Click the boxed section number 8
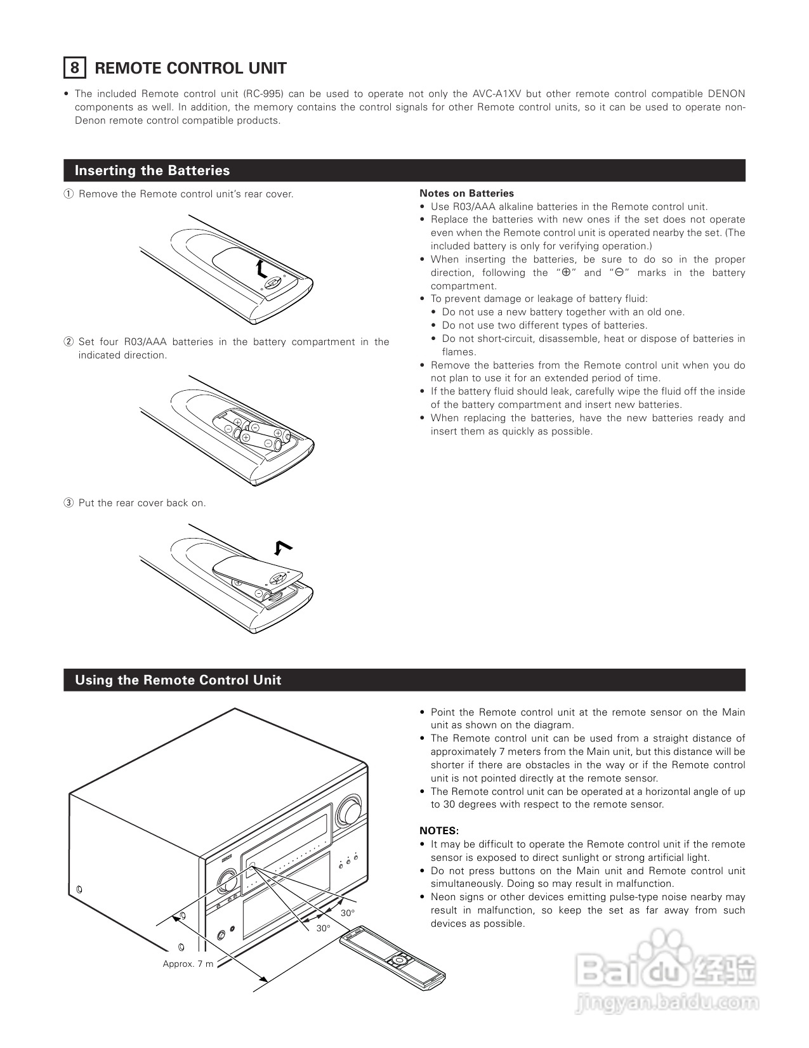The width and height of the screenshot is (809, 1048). [75, 68]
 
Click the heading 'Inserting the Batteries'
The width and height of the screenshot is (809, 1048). [152, 171]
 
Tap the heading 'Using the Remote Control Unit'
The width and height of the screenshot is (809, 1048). [178, 680]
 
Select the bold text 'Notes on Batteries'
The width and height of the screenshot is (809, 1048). [466, 193]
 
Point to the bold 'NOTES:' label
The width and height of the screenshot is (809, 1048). [438, 831]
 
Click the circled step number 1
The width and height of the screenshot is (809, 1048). [69, 194]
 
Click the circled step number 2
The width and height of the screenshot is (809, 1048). [69, 342]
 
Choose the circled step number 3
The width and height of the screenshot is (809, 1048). [69, 503]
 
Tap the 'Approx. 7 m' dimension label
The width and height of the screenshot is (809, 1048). [188, 964]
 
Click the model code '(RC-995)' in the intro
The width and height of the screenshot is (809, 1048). [263, 94]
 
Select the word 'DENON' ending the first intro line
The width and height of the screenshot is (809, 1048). [726, 94]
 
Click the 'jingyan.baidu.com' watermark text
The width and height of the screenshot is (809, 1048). [666, 1003]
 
